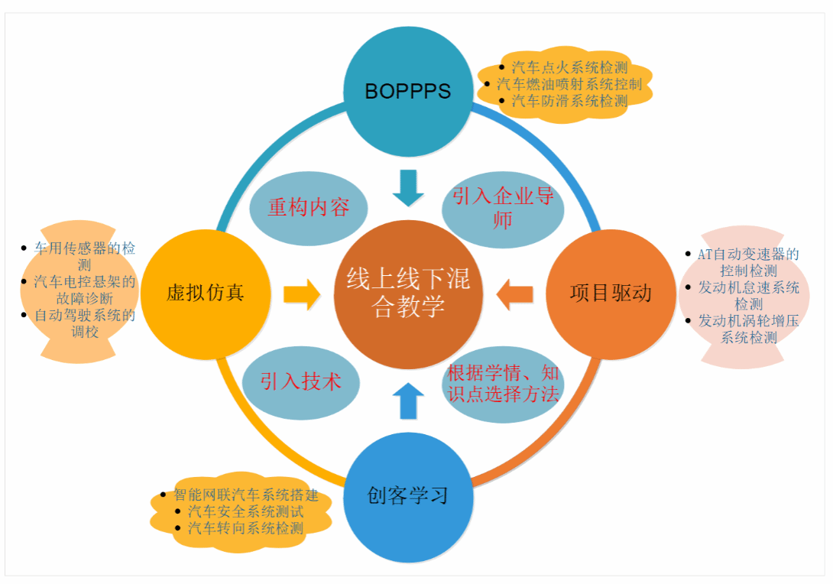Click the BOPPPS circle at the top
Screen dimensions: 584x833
pos(408,91)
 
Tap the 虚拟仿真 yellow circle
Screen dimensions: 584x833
pos(206,294)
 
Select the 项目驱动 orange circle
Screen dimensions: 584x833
pos(611,294)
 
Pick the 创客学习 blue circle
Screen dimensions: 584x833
pos(408,496)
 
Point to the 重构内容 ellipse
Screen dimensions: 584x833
pos(309,207)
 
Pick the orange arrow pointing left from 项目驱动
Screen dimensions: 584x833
pos(514,294)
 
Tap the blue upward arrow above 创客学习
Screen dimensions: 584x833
pos(408,401)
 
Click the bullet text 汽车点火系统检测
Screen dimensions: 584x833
pos(569,67)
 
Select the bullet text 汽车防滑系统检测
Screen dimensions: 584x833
pos(569,101)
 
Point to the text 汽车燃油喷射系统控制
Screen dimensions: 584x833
pos(569,84)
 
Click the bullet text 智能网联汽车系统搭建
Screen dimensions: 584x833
pos(246,495)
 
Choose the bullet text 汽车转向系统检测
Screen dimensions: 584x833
pos(245,528)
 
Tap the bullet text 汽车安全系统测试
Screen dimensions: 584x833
pos(245,511)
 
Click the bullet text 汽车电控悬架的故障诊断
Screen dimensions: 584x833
pos(84,290)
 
